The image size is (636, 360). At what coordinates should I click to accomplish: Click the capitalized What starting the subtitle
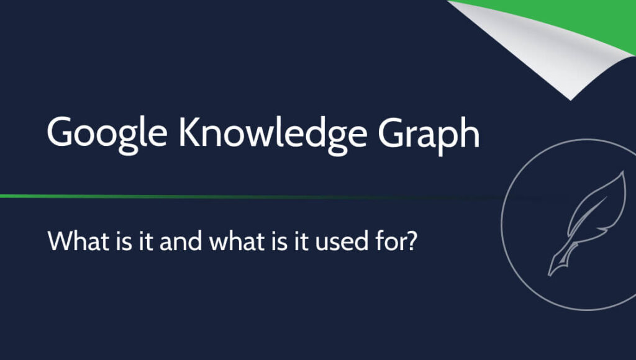coord(73,241)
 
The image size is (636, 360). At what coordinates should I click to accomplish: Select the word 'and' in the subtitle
coord(181,241)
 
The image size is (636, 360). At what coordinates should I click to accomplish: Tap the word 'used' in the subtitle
coord(338,241)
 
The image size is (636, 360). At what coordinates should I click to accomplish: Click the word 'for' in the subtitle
coord(385,241)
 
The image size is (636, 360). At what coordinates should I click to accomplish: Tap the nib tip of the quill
coord(550,275)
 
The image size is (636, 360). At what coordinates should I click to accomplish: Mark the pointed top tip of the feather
coord(623,173)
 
